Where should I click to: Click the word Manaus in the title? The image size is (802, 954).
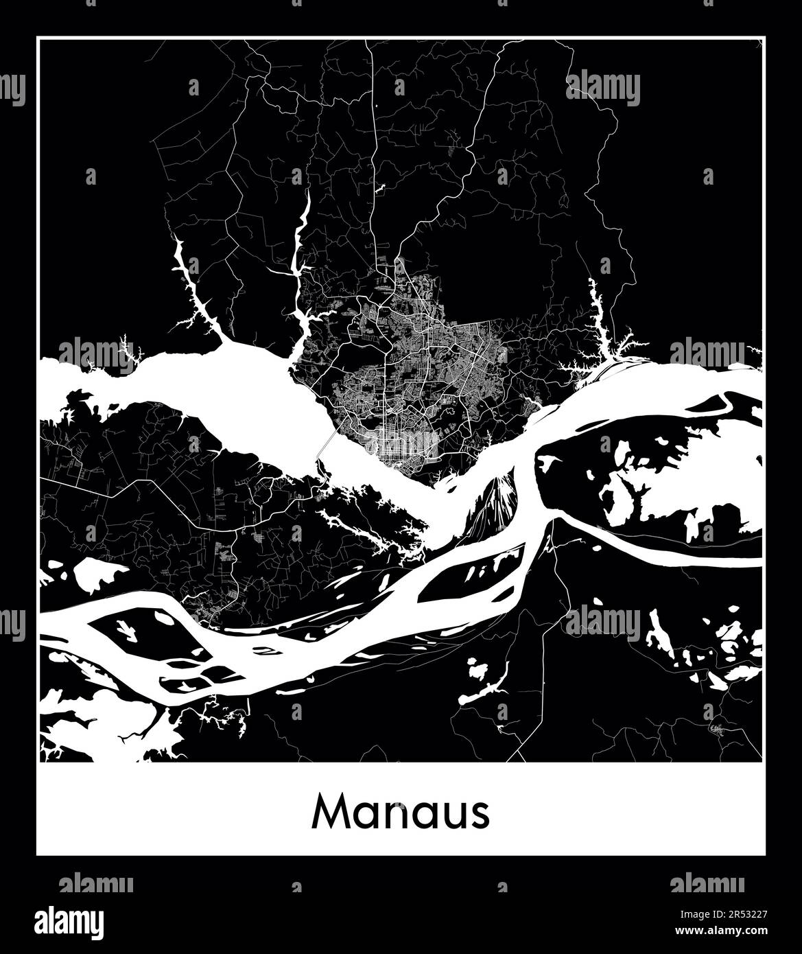click(x=401, y=813)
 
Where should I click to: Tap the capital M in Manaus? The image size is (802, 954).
click(x=329, y=813)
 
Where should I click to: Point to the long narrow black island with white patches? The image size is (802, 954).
click(x=473, y=573)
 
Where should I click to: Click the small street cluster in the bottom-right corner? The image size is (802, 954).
click(x=719, y=729)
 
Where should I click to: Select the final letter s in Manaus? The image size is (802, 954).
click(x=480, y=815)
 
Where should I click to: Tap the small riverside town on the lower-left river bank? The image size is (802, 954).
click(x=206, y=607)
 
